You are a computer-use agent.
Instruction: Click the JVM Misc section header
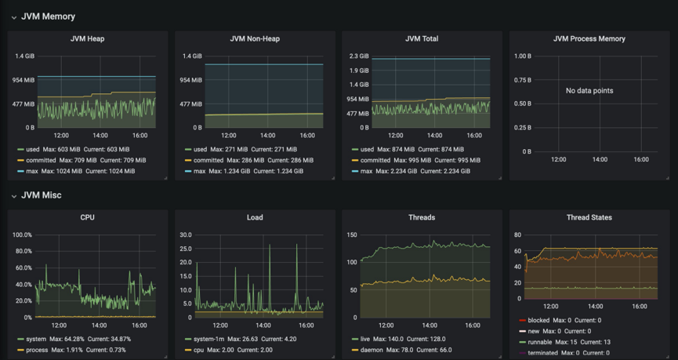[41, 195]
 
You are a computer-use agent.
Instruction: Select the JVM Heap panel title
[87, 38]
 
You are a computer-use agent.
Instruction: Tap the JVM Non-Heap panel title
[255, 38]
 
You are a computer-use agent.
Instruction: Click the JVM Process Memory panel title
[589, 38]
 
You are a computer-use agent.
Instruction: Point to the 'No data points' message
[589, 91]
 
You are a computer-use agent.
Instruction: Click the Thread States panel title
[589, 217]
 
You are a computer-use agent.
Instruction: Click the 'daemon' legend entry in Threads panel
[371, 350]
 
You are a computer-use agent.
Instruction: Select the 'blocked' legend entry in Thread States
[539, 320]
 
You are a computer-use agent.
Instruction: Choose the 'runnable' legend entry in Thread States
[541, 342]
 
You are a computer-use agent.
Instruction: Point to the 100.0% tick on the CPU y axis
[21, 235]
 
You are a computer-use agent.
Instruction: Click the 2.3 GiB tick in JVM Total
[358, 56]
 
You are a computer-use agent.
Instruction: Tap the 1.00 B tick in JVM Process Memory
[522, 56]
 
